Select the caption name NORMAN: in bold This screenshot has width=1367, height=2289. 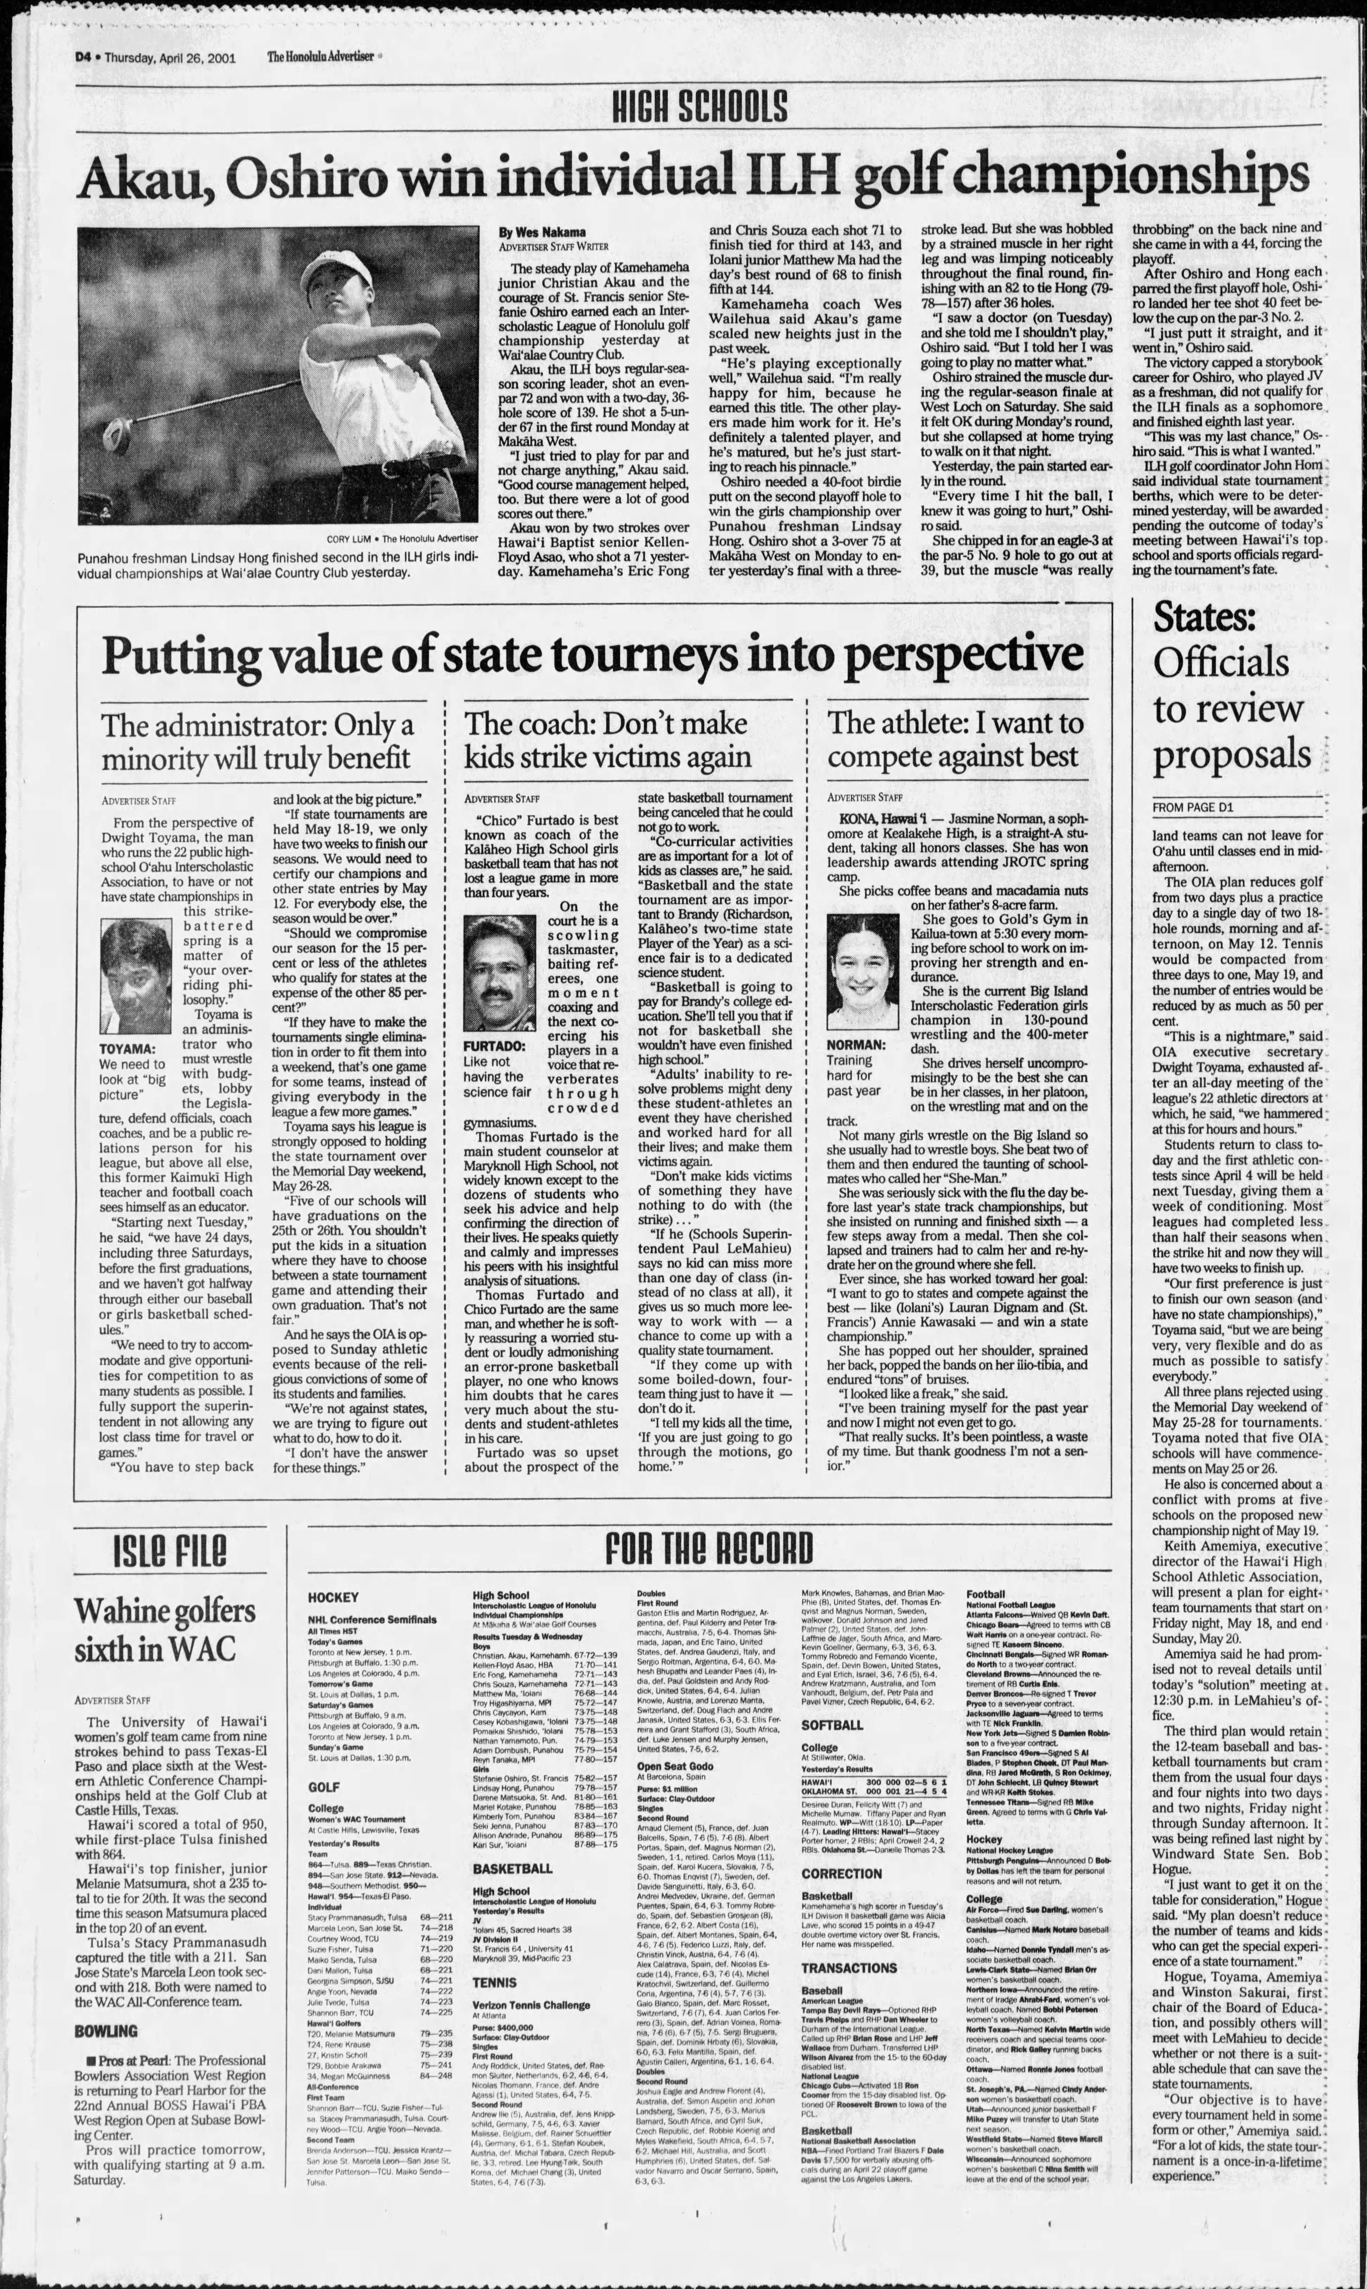(856, 1044)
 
